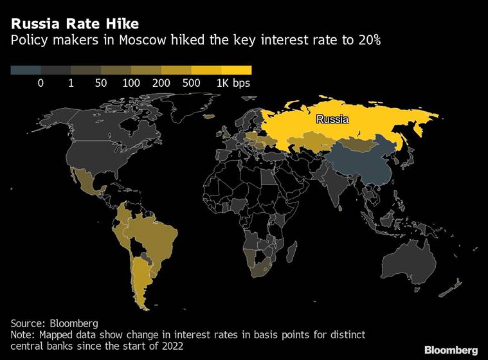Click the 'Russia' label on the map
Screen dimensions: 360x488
(x=332, y=120)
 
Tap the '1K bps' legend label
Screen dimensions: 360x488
(x=233, y=83)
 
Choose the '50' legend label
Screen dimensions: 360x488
(x=101, y=83)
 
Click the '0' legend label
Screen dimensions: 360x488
(x=41, y=83)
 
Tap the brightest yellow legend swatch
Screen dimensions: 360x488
(x=237, y=70)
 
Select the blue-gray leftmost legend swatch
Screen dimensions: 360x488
(x=26, y=70)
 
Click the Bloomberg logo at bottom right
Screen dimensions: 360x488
(x=447, y=350)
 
